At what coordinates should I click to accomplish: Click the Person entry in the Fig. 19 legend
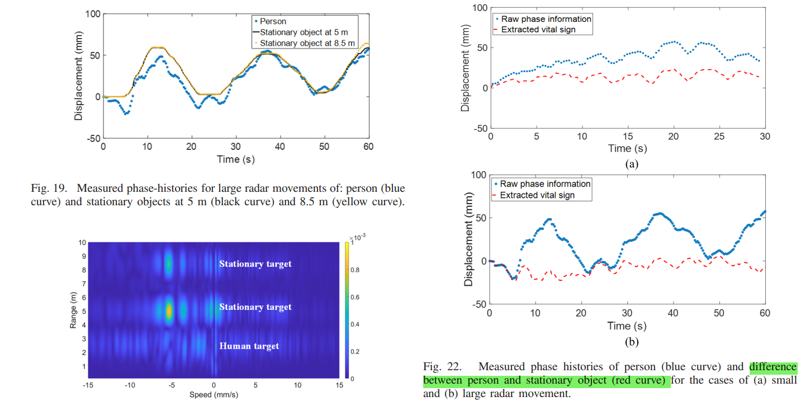(273, 22)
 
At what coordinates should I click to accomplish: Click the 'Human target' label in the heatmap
(249, 346)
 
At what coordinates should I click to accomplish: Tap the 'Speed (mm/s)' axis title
(213, 395)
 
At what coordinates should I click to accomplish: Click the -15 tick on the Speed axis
(88, 385)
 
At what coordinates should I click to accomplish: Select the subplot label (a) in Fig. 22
(628, 164)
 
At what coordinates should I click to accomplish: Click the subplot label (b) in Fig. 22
(628, 342)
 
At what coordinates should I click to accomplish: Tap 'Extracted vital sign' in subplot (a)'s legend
(546, 30)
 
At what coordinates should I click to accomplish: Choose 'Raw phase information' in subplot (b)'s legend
(545, 184)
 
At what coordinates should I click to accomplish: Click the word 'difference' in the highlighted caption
(773, 367)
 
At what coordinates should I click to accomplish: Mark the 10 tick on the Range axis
(82, 243)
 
